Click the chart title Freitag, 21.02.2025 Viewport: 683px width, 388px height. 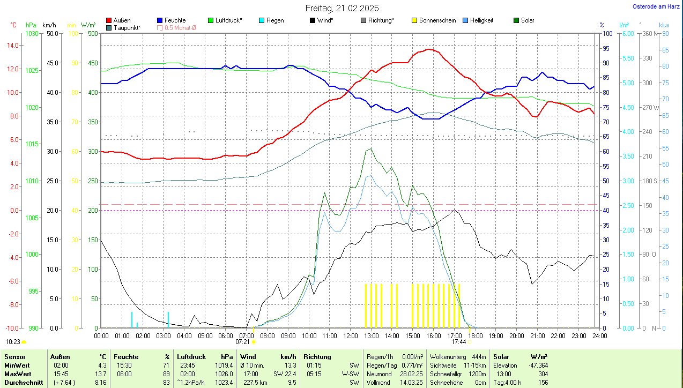[x=342, y=8]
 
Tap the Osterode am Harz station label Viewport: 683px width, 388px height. [x=656, y=6]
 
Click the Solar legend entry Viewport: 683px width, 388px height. [x=528, y=20]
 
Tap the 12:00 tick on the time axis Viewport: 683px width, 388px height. [x=350, y=335]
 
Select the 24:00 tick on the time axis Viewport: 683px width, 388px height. [x=599, y=335]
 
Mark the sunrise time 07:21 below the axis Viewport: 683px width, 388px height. [x=243, y=341]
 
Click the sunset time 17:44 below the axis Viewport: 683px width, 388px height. [x=458, y=341]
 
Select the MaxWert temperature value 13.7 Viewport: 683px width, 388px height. [x=100, y=374]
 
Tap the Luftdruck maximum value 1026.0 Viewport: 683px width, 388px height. [x=224, y=374]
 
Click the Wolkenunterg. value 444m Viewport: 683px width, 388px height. [x=478, y=357]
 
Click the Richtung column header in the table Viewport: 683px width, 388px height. [x=317, y=357]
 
